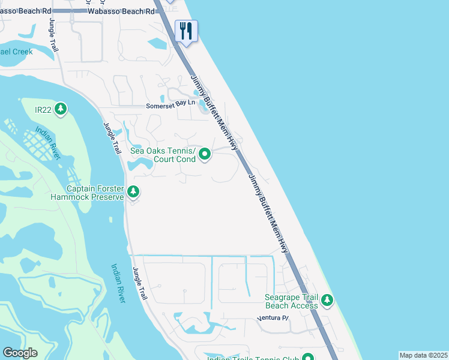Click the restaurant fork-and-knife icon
(x=186, y=31)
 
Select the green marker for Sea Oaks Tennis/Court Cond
(x=205, y=155)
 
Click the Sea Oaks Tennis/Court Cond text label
(x=163, y=155)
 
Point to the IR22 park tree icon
(x=60, y=109)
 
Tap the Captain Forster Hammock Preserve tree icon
(x=133, y=192)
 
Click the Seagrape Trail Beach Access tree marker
(x=327, y=300)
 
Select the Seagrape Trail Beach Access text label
(x=292, y=301)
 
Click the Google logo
(x=20, y=353)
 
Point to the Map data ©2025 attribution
(x=423, y=355)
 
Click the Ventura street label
(x=273, y=318)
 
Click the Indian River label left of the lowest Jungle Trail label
(x=118, y=283)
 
